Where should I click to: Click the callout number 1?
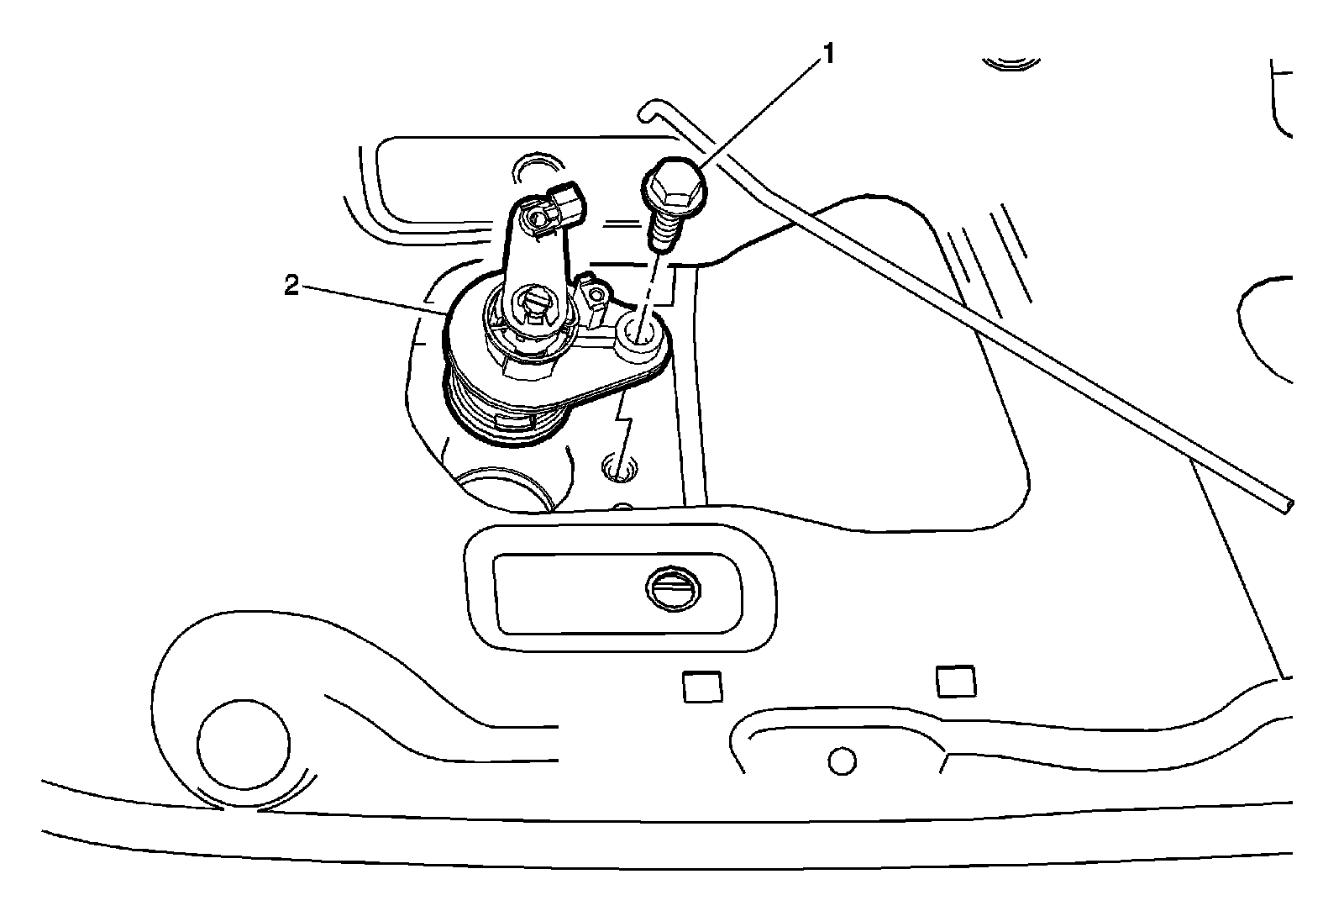[x=828, y=55]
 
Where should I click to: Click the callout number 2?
[x=291, y=287]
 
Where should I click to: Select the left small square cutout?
[x=702, y=687]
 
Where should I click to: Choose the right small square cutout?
[x=956, y=681]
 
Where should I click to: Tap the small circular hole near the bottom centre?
[x=841, y=761]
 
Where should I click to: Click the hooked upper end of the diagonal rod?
[x=646, y=109]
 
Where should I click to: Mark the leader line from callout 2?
[x=370, y=299]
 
